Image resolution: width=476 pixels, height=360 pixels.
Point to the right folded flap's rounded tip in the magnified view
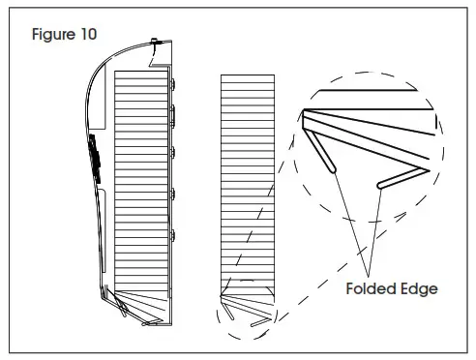[379, 185]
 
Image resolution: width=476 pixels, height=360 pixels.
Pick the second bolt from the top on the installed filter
[174, 117]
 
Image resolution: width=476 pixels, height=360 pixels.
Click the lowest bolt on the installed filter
[174, 235]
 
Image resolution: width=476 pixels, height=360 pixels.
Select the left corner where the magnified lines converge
[305, 114]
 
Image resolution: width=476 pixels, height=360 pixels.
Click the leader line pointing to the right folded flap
[372, 228]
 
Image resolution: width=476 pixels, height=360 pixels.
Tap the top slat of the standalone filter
[248, 78]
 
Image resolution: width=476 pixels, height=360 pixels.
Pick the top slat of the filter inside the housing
[142, 75]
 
